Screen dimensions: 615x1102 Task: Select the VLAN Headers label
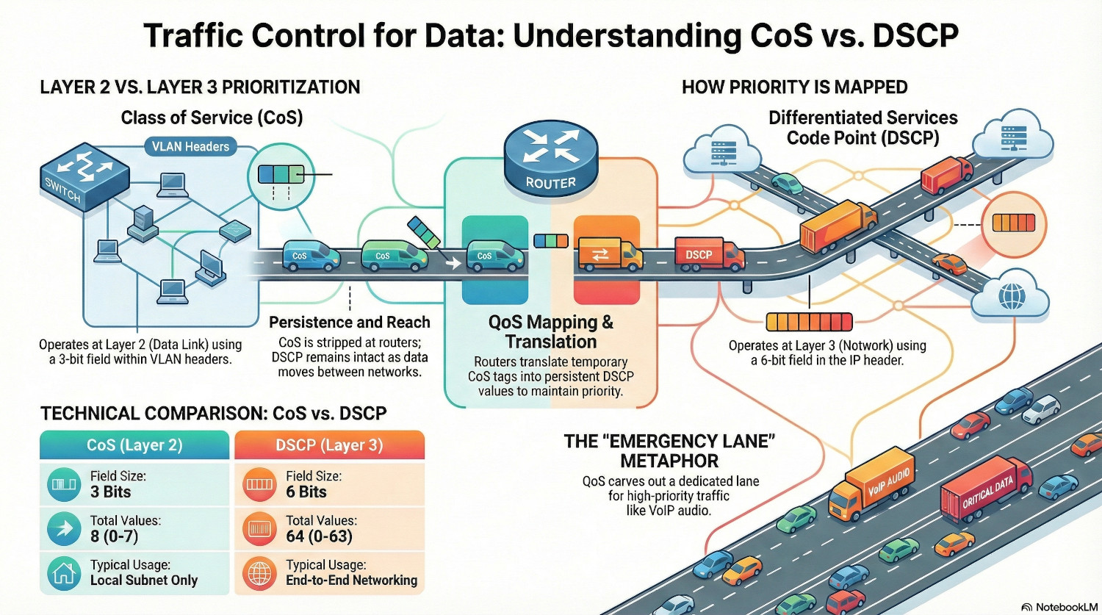[x=190, y=146]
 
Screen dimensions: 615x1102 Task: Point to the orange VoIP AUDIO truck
[x=872, y=486]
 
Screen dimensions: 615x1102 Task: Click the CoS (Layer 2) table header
[x=134, y=445]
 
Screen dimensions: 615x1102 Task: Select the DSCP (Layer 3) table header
[x=329, y=445]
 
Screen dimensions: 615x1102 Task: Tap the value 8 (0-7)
[x=114, y=536]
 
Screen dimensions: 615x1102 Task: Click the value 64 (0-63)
[x=319, y=536]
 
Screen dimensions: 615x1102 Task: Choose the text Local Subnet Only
[x=144, y=580]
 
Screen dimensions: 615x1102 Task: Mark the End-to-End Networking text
[x=351, y=580]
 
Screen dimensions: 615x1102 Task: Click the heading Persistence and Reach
[x=349, y=322]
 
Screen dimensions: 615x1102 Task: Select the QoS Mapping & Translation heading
[x=551, y=331]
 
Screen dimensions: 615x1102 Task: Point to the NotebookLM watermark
[x=1059, y=607]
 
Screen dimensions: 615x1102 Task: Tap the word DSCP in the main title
[x=915, y=35]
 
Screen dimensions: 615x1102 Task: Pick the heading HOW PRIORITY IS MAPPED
[x=794, y=87]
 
